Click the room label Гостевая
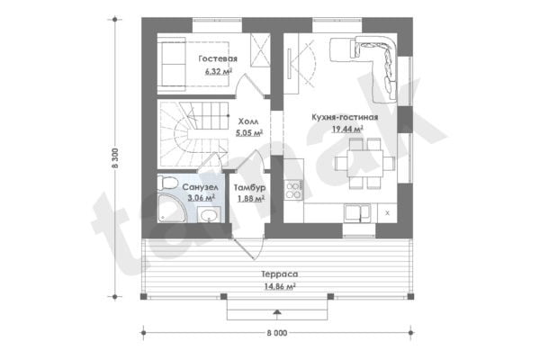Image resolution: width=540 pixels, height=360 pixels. tap(218, 58)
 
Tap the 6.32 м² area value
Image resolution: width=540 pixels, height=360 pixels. tap(219, 71)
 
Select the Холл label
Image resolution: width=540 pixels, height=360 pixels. tap(248, 121)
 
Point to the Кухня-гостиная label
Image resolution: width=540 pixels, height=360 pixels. tap(345, 117)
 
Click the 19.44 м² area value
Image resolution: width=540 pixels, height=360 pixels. tap(347, 130)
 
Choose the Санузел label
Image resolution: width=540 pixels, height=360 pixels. tap(200, 187)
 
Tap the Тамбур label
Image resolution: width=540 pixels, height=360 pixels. tap(249, 187)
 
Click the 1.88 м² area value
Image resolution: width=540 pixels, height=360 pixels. tap(251, 198)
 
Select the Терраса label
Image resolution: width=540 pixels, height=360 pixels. tap(280, 274)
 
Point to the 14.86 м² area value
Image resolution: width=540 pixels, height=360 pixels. tap(280, 286)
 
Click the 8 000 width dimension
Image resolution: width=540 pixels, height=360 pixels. tap(277, 333)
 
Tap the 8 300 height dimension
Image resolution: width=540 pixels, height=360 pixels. tap(115, 158)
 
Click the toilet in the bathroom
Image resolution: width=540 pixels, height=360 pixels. tap(167, 183)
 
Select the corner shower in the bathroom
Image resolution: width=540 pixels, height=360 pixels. tap(172, 209)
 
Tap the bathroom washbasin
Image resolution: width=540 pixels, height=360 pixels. tap(209, 215)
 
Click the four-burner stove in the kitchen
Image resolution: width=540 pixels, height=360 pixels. tap(293, 191)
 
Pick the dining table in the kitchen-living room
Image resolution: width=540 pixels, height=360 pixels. tap(365, 163)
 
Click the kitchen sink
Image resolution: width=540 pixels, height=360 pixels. tap(357, 212)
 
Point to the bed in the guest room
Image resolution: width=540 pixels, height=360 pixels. tap(193, 64)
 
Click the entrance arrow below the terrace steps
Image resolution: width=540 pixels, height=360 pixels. tap(277, 312)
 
